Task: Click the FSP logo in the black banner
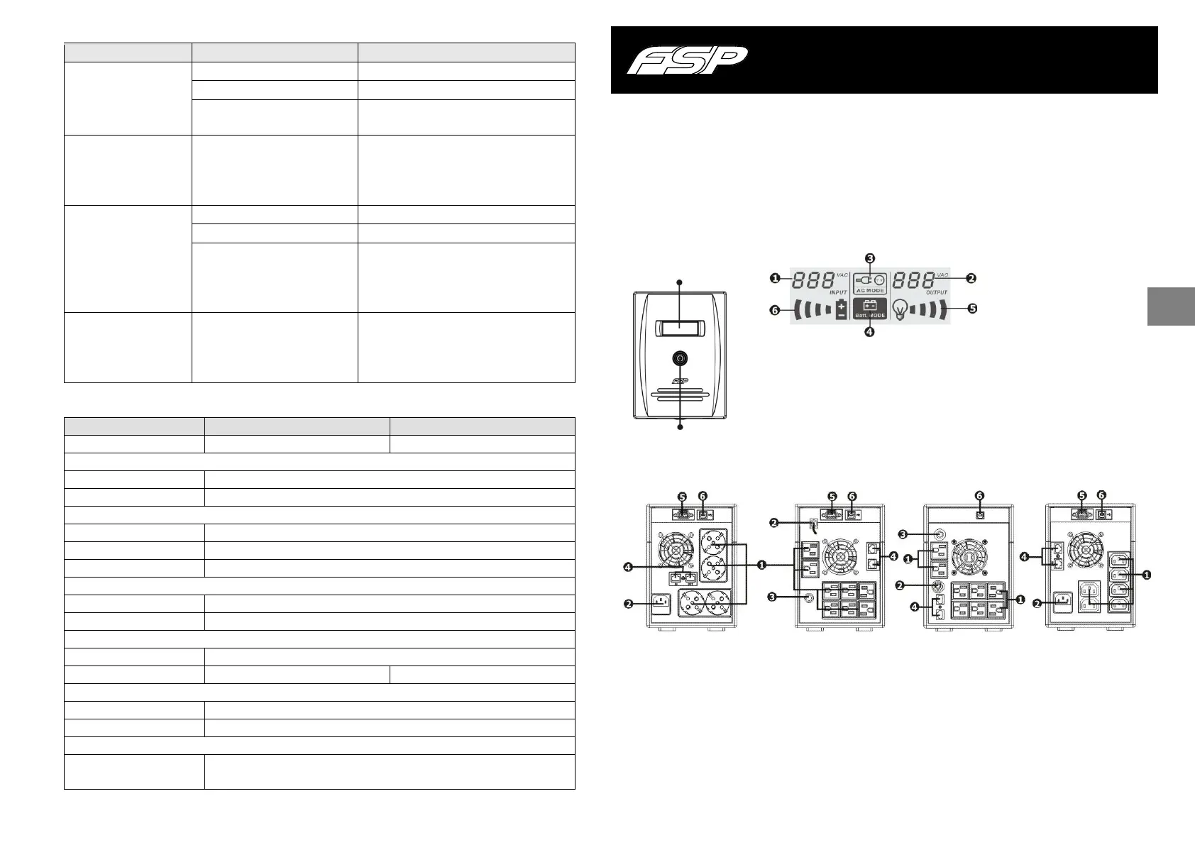point(686,60)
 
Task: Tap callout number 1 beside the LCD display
point(776,279)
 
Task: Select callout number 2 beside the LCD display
point(971,279)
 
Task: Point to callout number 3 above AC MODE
point(870,258)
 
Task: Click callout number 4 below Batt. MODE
point(870,331)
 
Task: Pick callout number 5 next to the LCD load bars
point(971,309)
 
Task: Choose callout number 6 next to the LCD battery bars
point(776,310)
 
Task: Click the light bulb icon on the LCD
point(900,309)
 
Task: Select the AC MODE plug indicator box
point(870,284)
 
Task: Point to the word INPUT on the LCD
point(838,292)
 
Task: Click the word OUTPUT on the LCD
point(937,292)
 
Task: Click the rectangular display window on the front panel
point(680,327)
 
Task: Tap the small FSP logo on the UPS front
point(680,380)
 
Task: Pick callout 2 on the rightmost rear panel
point(1037,604)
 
